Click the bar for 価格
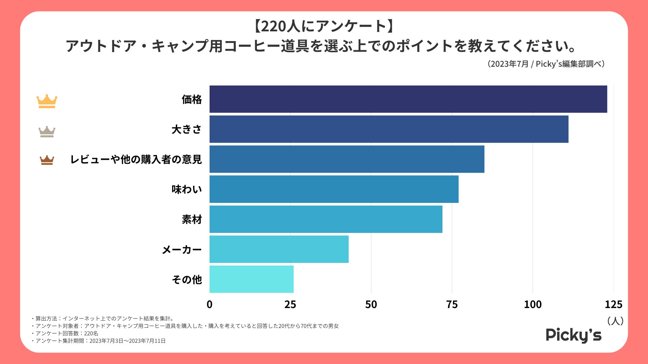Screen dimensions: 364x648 (408, 99)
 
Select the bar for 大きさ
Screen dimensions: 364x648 (389, 129)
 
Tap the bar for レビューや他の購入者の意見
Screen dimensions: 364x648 (347, 159)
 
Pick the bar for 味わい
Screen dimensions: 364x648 (334, 189)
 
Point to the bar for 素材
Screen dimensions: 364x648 (326, 219)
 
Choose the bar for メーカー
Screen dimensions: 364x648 (279, 249)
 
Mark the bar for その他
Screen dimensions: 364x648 (251, 279)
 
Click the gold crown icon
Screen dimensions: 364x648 (47, 101)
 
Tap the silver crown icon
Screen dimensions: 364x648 (47, 131)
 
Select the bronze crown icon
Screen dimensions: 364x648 (47, 160)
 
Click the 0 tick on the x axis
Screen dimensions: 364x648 (210, 304)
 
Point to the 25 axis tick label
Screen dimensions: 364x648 (290, 304)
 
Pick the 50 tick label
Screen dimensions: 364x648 (371, 304)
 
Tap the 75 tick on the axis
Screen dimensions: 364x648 (452, 304)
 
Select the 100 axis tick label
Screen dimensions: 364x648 (533, 304)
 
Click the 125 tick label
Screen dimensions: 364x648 (613, 304)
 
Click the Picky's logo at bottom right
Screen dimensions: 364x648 (573, 335)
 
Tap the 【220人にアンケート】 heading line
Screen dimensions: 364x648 (324, 26)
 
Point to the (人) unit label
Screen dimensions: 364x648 (615, 321)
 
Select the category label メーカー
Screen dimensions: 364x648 (182, 250)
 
